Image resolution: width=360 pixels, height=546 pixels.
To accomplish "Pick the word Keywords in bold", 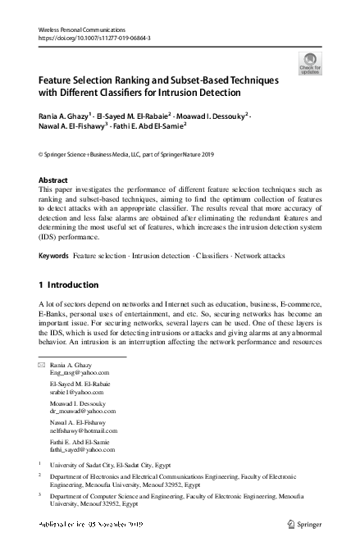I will pyautogui.click(x=54, y=257).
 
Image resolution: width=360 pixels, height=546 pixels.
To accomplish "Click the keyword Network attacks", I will pyautogui.click(x=258, y=257).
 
